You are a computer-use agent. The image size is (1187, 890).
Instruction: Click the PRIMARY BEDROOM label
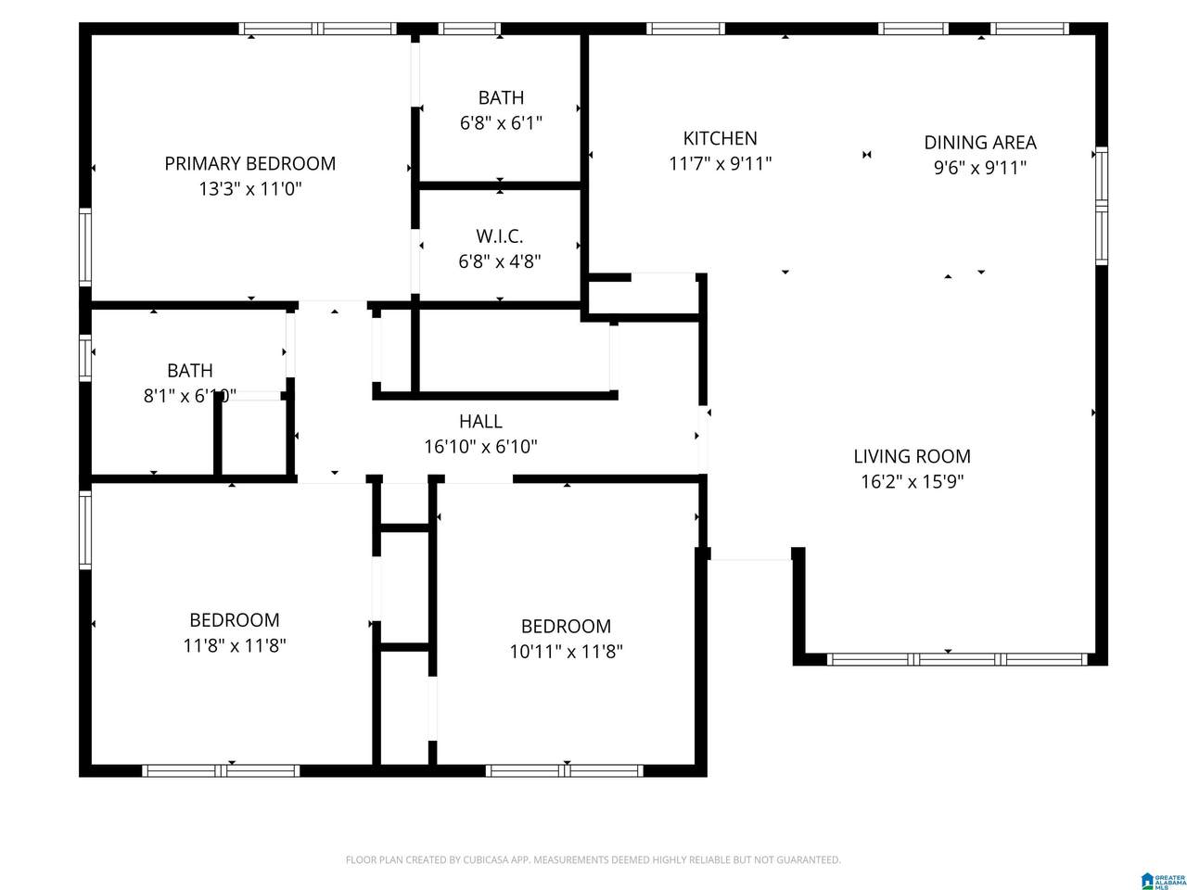(249, 164)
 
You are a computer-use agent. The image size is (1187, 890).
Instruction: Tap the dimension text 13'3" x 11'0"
(249, 189)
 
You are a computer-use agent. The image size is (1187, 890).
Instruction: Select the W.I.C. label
(500, 236)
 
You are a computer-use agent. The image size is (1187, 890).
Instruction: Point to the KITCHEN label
(720, 139)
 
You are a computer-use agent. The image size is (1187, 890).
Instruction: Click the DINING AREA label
(979, 143)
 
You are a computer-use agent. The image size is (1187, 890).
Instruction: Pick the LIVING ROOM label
(912, 456)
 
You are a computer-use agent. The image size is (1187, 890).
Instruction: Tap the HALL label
(480, 422)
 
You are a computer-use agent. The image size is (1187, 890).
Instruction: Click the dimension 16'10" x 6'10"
(480, 447)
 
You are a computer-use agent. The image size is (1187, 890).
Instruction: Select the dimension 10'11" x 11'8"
(566, 652)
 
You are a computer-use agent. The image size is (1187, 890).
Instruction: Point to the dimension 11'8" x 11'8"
(234, 645)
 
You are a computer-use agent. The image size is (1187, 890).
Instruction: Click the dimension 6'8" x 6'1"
(501, 122)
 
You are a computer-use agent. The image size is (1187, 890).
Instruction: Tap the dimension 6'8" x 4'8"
(500, 261)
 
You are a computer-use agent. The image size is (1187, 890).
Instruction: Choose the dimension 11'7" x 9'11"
(720, 164)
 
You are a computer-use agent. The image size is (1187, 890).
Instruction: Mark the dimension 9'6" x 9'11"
(979, 168)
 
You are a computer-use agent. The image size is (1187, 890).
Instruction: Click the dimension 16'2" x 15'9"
(912, 481)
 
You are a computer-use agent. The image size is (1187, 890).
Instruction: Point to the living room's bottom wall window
(956, 660)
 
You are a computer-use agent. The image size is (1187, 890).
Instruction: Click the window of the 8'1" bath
(85, 357)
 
